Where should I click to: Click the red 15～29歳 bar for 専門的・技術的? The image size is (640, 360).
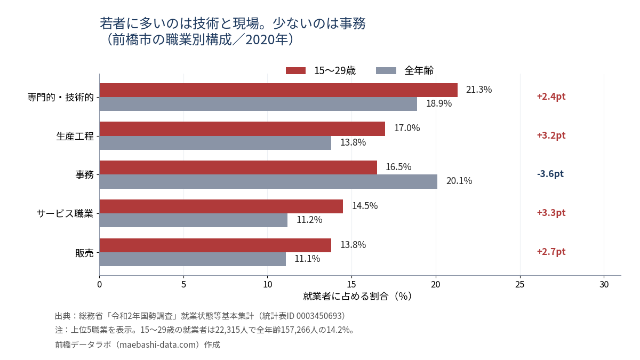coord(278,90)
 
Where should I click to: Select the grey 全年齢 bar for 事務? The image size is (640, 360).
coord(268,182)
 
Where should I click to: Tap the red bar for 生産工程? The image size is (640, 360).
coord(242,129)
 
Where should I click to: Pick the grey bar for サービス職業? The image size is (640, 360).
coord(194,220)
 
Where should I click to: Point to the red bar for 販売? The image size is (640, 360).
coord(215,245)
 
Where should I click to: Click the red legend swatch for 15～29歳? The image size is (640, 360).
coord(295,70)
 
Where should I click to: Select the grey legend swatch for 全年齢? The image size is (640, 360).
coord(386,70)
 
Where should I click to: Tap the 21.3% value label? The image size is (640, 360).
coord(479,90)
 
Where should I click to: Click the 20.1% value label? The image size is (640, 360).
coord(459,181)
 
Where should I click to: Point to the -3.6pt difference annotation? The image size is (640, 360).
coord(550,174)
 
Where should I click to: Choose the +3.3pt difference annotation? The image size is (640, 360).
coord(551,213)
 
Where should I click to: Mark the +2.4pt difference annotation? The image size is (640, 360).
coord(551,97)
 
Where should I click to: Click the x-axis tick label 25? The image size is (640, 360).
coord(520,285)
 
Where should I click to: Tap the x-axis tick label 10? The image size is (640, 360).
coord(267,285)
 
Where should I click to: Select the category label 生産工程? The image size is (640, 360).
coord(75,137)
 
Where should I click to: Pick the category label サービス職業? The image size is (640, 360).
coord(65,213)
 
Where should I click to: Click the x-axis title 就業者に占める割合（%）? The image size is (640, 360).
coord(357,297)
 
